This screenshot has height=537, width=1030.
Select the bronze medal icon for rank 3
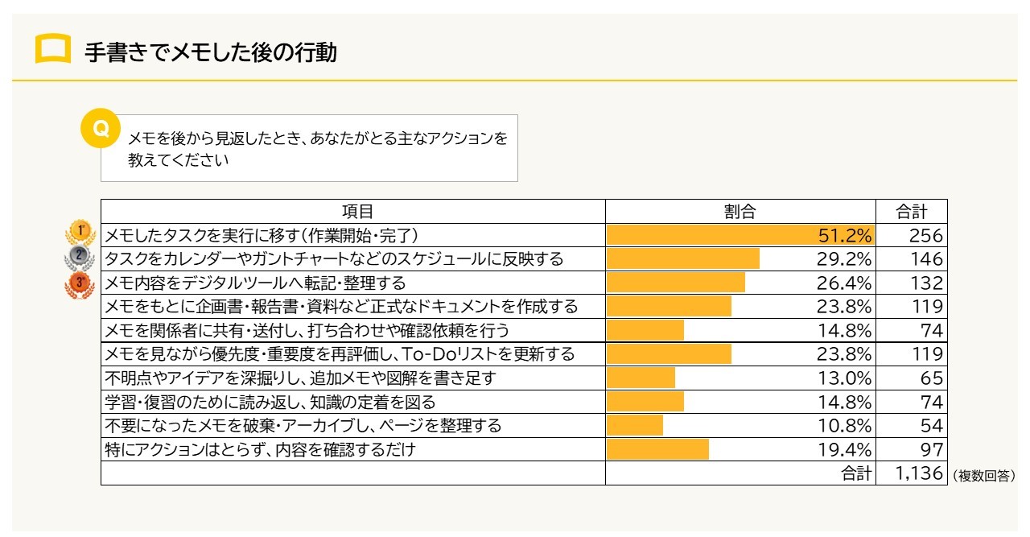point(80,283)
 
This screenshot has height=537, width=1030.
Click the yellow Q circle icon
point(101,129)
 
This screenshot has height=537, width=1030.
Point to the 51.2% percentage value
point(844,235)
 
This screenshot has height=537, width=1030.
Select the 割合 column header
point(740,212)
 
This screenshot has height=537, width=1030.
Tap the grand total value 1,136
point(918,473)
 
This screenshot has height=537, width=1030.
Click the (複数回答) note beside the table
point(983,476)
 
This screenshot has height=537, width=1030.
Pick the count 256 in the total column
point(926,235)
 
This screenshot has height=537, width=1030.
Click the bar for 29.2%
point(682,258)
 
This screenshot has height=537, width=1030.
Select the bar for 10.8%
point(635,425)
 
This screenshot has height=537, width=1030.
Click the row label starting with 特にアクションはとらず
point(261,449)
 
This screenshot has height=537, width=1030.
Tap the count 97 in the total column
point(931,449)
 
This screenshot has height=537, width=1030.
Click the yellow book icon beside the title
point(53,50)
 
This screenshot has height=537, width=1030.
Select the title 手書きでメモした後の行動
point(210,53)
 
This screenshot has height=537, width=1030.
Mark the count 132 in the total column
point(926,283)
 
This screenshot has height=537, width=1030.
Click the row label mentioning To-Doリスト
point(340,353)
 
